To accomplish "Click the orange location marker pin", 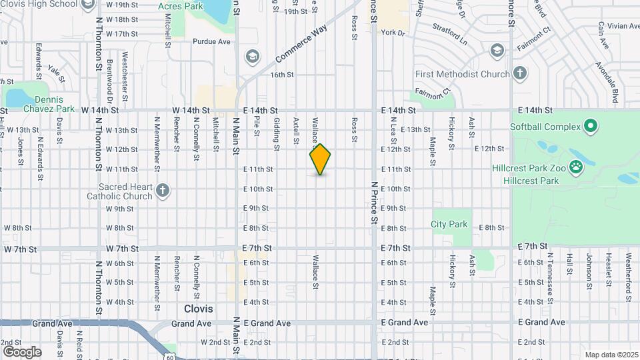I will pyautogui.click(x=321, y=159).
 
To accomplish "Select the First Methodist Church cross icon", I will pyautogui.click(x=520, y=73).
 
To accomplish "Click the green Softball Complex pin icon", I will pyautogui.click(x=590, y=126).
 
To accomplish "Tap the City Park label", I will pyautogui.click(x=449, y=225).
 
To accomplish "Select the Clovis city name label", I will pyautogui.click(x=199, y=309).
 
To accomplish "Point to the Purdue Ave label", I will pyautogui.click(x=211, y=41).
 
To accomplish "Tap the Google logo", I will pyautogui.click(x=22, y=351).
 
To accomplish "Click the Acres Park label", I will pyautogui.click(x=181, y=6).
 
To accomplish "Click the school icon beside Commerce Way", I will pyautogui.click(x=252, y=56).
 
